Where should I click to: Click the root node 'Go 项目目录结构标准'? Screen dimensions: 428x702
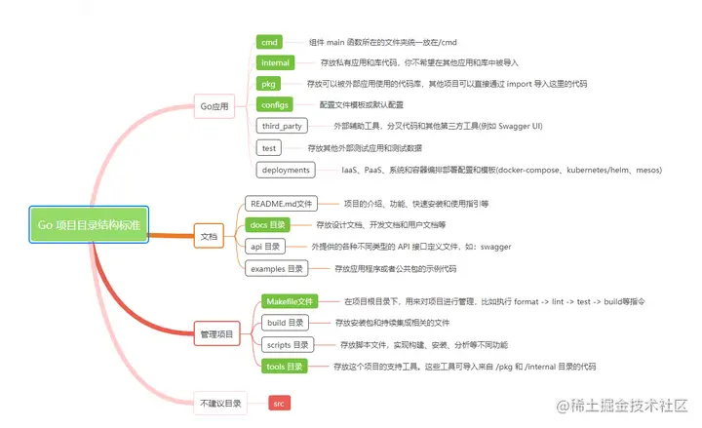pos(88,224)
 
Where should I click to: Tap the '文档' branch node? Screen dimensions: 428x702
pos(209,235)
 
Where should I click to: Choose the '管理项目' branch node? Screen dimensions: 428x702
pos(215,333)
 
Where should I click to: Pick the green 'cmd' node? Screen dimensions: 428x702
pos(270,42)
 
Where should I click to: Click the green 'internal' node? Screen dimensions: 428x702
pos(278,62)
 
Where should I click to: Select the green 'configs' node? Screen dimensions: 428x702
pos(276,104)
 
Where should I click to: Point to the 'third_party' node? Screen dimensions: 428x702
pos(282,126)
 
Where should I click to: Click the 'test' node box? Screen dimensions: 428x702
pos(269,148)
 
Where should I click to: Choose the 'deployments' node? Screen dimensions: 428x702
pos(287,170)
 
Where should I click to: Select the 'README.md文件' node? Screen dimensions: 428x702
pos(281,204)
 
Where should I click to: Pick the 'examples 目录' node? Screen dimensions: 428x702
pos(277,268)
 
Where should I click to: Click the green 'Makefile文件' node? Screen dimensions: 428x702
pos(290,302)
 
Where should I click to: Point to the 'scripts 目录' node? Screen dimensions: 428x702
pos(287,344)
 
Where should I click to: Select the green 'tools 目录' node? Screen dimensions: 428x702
pos(285,366)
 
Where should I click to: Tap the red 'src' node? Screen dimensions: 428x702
pos(279,402)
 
